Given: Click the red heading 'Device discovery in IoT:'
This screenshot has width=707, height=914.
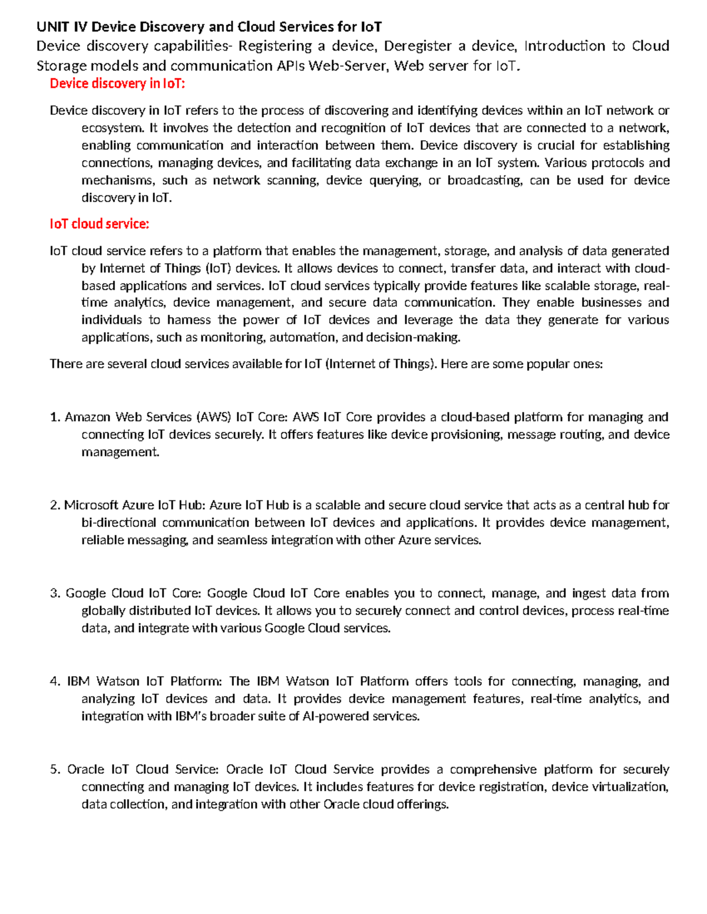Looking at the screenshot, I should [117, 84].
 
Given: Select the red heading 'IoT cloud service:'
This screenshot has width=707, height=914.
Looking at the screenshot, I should [99, 224].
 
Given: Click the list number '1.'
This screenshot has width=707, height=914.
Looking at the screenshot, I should [55, 417].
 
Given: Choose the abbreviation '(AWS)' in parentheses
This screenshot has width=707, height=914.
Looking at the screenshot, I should [213, 417].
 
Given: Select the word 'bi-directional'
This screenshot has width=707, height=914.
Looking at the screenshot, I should [118, 523].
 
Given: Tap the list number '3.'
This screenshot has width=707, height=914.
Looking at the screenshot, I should [55, 593].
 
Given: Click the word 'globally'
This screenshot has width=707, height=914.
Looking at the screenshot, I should [103, 611].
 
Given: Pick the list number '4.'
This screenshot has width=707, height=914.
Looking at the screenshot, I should [55, 682].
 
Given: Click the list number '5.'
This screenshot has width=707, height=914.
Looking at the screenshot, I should [55, 770].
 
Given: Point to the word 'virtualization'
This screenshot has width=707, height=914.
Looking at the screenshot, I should [628, 787].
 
